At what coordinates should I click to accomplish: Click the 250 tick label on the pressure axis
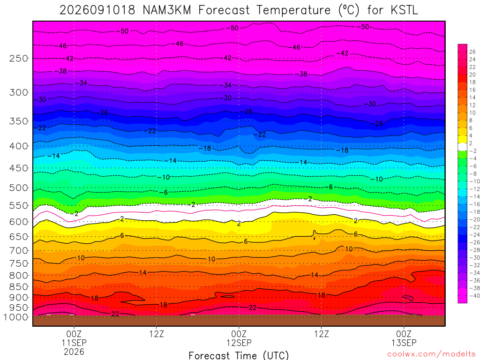[18, 58]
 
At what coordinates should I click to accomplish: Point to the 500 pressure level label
[18, 187]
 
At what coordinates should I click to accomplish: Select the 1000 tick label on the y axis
[15, 317]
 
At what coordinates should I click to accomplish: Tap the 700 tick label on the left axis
[18, 250]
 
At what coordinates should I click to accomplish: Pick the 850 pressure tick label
[18, 287]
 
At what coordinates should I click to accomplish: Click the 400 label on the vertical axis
[18, 146]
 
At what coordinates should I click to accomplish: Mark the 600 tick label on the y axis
[18, 222]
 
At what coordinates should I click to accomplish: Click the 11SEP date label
[74, 343]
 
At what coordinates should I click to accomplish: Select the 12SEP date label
[239, 343]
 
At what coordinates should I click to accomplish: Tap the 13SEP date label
[404, 343]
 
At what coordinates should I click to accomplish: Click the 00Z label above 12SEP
[239, 333]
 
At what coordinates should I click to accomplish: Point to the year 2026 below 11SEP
[74, 352]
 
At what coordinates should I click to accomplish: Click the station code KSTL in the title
[404, 10]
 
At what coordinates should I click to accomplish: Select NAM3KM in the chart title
[167, 10]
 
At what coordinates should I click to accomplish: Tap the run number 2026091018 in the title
[97, 10]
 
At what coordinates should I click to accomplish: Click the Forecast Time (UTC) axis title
[239, 355]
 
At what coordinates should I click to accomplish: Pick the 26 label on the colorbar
[472, 52]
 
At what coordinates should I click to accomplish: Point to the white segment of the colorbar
[462, 147]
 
